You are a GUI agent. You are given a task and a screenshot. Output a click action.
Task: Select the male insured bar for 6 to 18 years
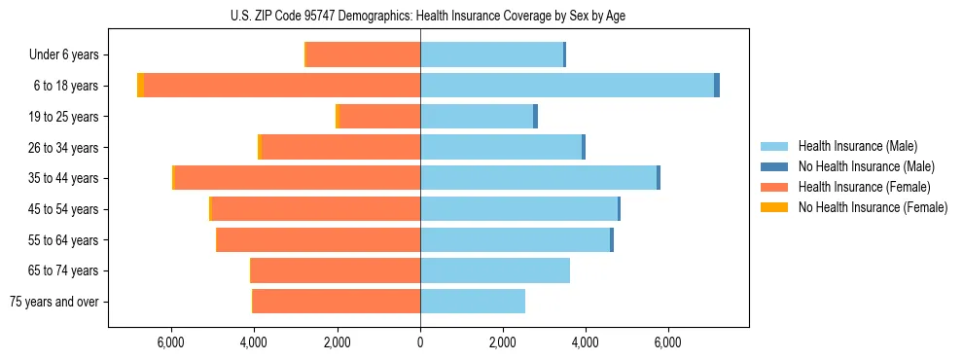click(567, 86)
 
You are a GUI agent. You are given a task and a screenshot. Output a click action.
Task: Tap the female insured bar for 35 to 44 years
click(297, 178)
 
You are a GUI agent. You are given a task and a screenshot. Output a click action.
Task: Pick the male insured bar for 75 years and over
click(473, 302)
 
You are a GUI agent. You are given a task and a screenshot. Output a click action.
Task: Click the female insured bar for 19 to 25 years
click(379, 117)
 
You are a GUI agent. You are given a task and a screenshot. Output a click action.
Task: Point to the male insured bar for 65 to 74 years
click(495, 270)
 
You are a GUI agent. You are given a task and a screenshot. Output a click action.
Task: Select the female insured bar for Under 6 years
click(363, 55)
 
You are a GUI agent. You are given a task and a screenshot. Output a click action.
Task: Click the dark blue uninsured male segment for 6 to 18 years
click(717, 86)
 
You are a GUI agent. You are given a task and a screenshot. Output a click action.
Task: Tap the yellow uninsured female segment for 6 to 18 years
click(140, 86)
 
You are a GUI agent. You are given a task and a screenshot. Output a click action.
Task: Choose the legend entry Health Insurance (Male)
click(857, 146)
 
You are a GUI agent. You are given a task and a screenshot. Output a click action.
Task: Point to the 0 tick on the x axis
click(420, 342)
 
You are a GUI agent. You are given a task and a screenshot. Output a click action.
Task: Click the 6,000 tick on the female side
click(171, 342)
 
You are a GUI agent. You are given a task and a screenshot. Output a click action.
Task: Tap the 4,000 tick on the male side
click(586, 342)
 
